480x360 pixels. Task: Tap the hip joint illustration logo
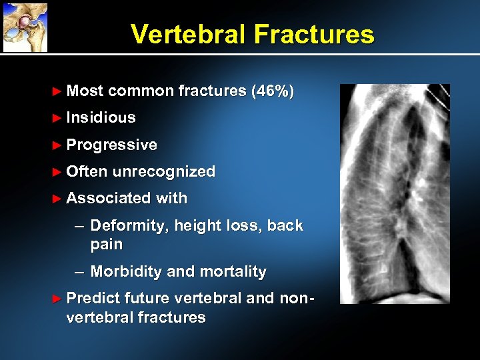[x=25, y=27]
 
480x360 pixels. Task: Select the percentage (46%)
[x=273, y=91]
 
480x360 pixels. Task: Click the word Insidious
[x=101, y=118]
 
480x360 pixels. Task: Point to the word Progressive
[x=112, y=145]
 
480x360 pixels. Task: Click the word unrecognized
[x=164, y=172]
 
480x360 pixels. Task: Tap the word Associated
[x=109, y=199]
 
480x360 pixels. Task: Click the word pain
[x=107, y=245]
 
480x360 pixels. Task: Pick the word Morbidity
[x=126, y=272]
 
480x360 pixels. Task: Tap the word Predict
[x=93, y=299]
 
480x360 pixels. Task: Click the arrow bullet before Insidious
[x=57, y=118]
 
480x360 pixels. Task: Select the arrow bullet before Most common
[x=57, y=91]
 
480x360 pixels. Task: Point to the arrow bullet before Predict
[x=57, y=299]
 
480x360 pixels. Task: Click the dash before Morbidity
[x=79, y=272]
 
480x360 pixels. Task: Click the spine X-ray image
[x=395, y=193]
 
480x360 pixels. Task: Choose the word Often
[x=87, y=172]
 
